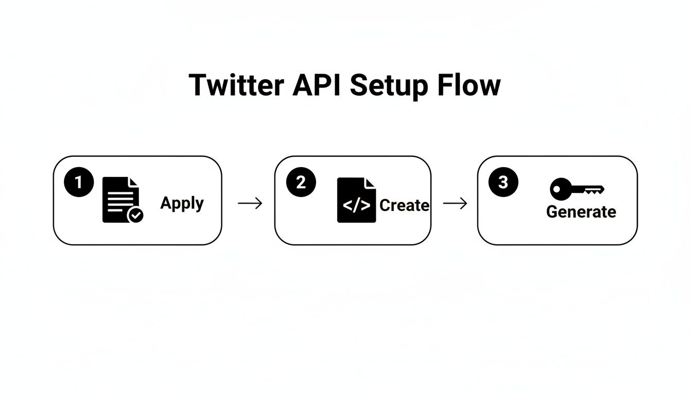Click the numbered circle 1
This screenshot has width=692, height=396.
[79, 183]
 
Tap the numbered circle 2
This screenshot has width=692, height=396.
[301, 183]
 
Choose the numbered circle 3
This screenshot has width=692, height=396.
[503, 183]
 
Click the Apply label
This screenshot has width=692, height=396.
[182, 203]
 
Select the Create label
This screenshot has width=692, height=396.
[404, 205]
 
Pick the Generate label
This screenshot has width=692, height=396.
[581, 212]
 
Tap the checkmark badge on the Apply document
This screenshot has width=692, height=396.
[135, 216]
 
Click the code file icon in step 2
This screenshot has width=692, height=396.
[356, 200]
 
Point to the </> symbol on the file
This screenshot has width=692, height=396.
[356, 205]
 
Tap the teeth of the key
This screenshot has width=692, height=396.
[595, 191]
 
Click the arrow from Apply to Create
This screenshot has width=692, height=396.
[250, 203]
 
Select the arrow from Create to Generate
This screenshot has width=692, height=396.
[455, 203]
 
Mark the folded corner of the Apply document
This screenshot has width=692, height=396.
[134, 182]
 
